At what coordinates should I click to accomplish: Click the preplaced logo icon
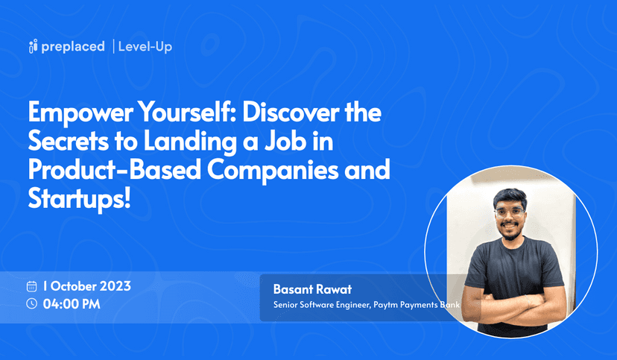[32, 47]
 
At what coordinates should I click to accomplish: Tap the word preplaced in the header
[72, 47]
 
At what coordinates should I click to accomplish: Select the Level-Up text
[145, 47]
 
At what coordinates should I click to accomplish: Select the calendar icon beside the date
[32, 286]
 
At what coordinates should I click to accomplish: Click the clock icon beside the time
[32, 303]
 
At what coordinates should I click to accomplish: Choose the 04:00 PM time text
[72, 303]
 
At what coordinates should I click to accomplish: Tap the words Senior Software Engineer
[321, 305]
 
